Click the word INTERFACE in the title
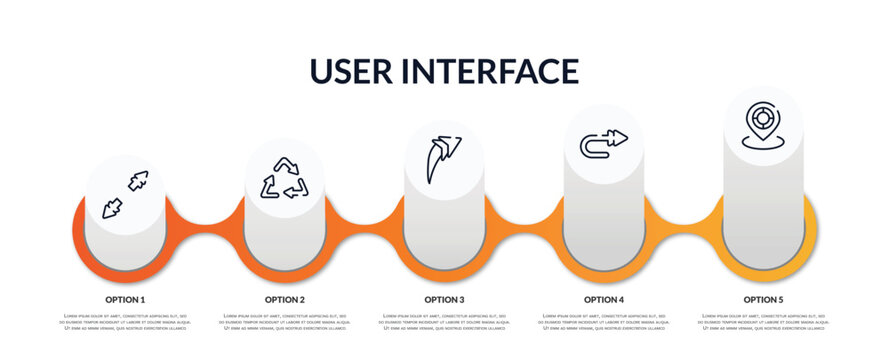point(493,71)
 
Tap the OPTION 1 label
point(125,299)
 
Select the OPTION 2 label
point(285,299)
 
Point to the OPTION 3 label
point(444,299)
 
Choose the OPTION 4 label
point(604,299)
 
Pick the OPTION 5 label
point(763,299)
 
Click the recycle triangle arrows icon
point(284,178)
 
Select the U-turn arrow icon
point(604,144)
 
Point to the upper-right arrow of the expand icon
point(138,180)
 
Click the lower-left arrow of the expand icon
point(112,207)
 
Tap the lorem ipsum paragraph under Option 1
point(125,322)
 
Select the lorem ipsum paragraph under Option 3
point(444,322)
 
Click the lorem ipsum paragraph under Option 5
point(763,322)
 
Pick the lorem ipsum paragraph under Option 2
point(285,322)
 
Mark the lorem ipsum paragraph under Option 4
point(604,322)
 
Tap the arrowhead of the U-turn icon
point(620,137)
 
